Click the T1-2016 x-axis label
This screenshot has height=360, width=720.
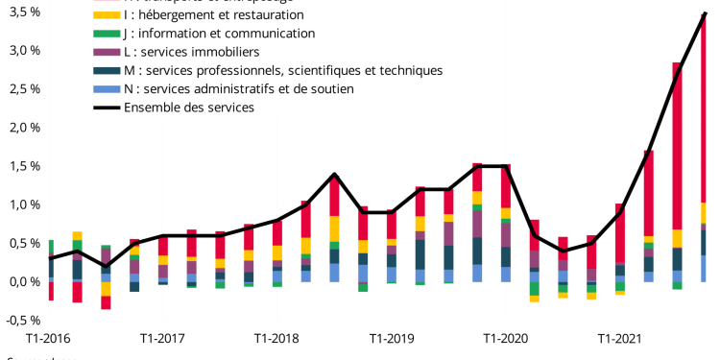coord(50,338)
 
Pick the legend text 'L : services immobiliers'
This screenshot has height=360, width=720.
coord(191,52)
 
